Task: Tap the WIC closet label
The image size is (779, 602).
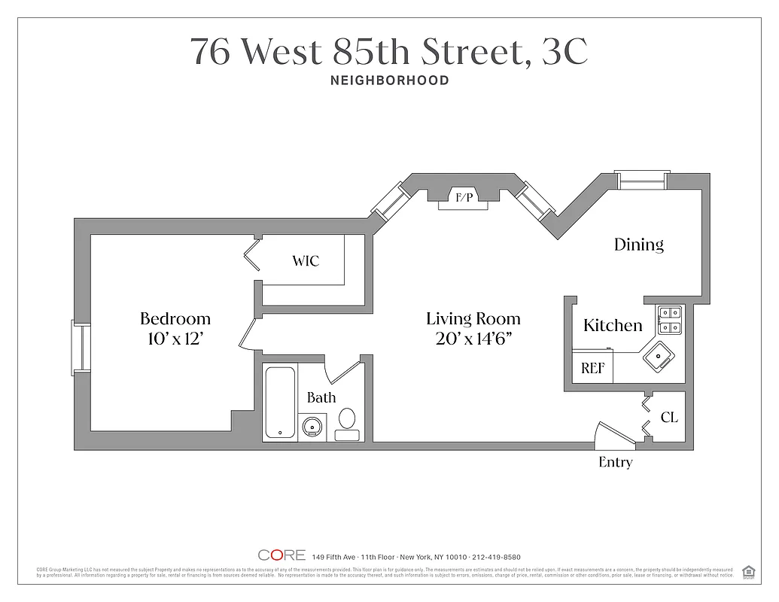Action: click(306, 261)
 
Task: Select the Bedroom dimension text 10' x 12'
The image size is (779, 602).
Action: click(175, 339)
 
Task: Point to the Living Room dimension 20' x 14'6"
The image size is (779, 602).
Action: click(473, 339)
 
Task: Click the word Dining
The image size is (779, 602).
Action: click(638, 245)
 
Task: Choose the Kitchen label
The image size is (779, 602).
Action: click(613, 325)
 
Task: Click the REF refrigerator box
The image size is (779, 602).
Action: click(592, 369)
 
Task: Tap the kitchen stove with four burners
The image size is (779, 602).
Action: click(669, 320)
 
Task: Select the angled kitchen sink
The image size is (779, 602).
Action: click(659, 356)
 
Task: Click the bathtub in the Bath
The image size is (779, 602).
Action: click(280, 403)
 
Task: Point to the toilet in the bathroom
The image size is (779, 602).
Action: click(347, 424)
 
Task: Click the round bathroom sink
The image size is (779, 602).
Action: click(312, 427)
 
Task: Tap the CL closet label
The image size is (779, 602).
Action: click(668, 417)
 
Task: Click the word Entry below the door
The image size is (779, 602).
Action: click(615, 463)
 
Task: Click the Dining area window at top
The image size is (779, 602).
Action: click(641, 180)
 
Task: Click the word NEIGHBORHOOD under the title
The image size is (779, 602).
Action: click(389, 80)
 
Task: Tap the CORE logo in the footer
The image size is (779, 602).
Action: click(281, 556)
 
